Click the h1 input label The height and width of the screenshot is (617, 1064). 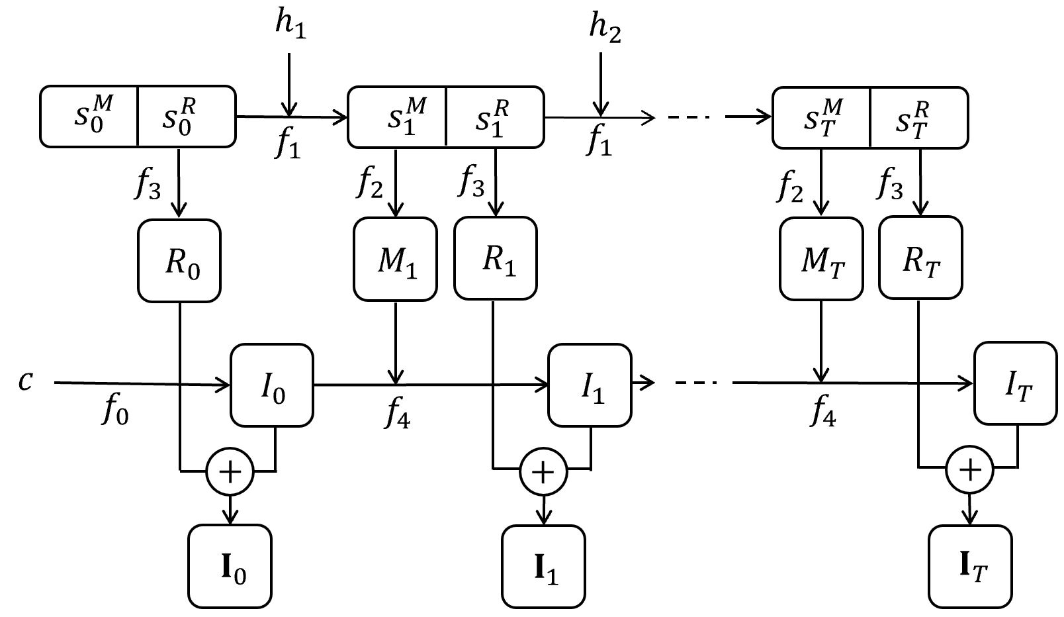290,24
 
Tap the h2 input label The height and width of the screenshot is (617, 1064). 605,28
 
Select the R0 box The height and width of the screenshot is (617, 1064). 179,260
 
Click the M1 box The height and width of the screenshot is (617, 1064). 395,259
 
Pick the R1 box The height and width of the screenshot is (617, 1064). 496,258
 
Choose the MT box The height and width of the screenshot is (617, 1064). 821,259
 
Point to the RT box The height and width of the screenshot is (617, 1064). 920,258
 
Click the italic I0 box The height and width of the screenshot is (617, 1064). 272,385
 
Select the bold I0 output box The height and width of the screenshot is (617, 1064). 230,566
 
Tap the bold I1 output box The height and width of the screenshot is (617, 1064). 543,567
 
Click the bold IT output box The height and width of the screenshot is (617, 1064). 970,567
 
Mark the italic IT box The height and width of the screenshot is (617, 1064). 1016,383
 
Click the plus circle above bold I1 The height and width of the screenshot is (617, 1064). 543,471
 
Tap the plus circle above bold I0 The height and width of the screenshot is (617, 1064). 230,472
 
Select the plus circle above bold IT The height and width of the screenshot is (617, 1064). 969,469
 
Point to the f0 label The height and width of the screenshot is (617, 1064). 115,410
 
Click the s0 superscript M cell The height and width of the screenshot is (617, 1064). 89,117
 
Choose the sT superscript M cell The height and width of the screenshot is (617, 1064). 821,118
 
